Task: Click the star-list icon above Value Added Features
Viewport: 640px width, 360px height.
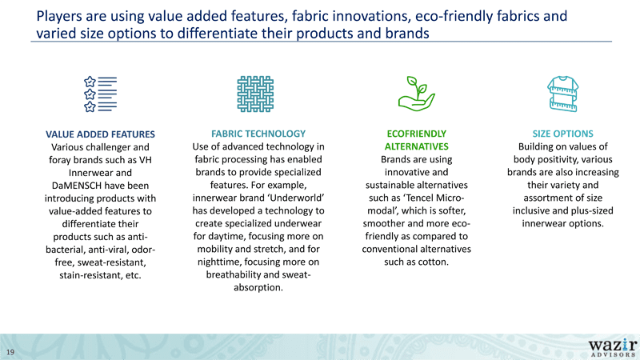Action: click(x=101, y=94)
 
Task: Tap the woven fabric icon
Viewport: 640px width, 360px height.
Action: click(x=255, y=94)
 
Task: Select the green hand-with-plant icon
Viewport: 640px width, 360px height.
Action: click(x=416, y=94)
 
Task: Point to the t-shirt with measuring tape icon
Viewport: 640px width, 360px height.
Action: click(x=563, y=94)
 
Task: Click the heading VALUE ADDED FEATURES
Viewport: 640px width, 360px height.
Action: click(x=101, y=134)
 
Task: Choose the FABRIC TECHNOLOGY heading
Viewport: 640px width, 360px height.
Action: click(x=258, y=134)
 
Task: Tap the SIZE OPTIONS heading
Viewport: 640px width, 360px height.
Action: click(x=563, y=134)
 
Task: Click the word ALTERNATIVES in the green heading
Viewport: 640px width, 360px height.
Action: click(x=416, y=146)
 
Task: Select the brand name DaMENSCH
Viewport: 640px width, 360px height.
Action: click(x=77, y=186)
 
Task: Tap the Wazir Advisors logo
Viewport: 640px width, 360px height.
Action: click(x=613, y=348)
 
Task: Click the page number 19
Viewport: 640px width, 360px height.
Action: click(x=10, y=352)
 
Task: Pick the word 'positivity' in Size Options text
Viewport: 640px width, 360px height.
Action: click(x=557, y=159)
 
